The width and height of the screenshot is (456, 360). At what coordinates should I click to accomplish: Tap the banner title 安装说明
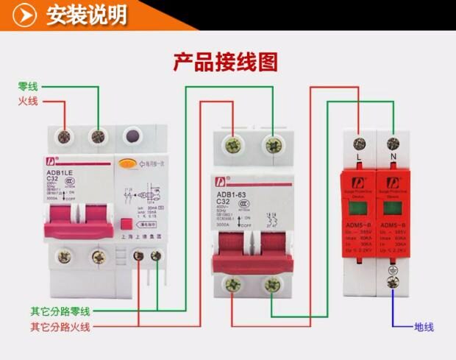[86, 14]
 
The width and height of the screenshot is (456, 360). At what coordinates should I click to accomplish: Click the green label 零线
[29, 85]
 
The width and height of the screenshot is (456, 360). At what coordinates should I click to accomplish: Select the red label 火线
[29, 101]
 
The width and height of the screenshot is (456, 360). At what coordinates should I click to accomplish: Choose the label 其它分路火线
[60, 326]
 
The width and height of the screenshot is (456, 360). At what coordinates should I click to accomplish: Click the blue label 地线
[424, 326]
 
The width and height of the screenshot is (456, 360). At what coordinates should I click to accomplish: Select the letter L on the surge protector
[359, 158]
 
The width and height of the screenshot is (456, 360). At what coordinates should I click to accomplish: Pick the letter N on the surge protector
[392, 158]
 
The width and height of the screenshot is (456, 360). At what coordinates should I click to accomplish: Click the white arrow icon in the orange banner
[26, 15]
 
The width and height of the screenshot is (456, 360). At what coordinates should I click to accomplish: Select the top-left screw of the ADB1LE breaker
[64, 135]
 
